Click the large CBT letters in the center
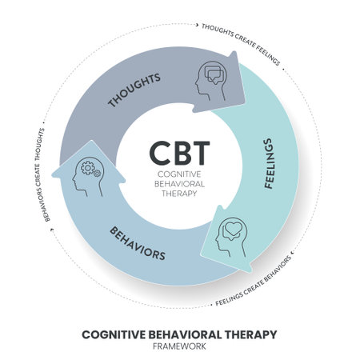click(180, 152)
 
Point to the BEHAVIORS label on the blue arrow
click(138, 242)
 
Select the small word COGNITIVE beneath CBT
click(180, 173)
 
